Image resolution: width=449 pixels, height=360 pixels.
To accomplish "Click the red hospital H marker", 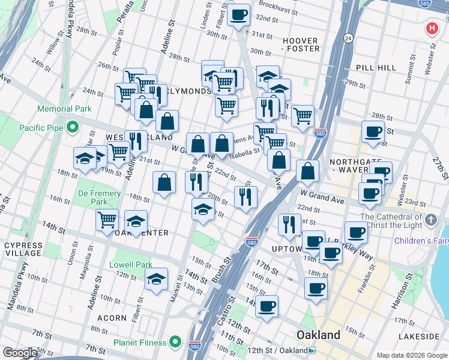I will [x=432, y=28].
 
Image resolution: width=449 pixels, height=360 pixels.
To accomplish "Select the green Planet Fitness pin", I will [x=175, y=343].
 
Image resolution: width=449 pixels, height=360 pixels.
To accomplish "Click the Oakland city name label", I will [x=319, y=335].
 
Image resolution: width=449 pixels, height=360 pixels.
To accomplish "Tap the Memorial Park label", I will [x=64, y=109].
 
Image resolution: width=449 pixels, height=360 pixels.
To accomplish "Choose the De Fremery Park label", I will [x=99, y=198].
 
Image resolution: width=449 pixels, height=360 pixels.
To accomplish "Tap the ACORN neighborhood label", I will [x=112, y=318].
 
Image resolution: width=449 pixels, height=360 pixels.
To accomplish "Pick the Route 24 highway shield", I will [x=348, y=38].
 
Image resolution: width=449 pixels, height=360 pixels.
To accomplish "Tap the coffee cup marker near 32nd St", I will [x=238, y=14].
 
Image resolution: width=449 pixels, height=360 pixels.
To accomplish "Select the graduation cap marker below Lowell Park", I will [x=156, y=279].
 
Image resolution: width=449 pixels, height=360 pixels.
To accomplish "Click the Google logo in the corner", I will [x=20, y=353].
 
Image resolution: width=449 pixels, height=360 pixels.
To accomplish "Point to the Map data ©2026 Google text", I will [x=411, y=355].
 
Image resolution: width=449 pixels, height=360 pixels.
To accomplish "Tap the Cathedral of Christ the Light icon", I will [x=430, y=220].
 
